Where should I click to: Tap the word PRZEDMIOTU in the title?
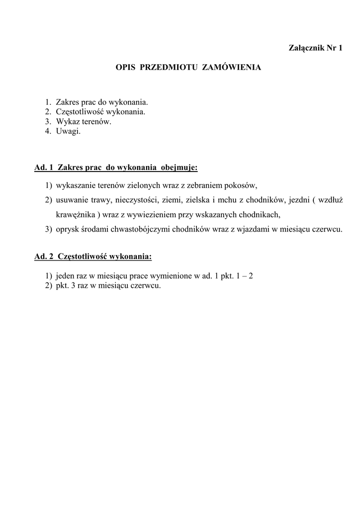click(x=170, y=66)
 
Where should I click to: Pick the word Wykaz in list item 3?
click(x=67, y=121)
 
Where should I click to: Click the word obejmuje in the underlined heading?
click(x=180, y=168)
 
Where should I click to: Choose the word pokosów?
click(x=241, y=186)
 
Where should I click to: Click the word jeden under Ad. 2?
click(x=66, y=275)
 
